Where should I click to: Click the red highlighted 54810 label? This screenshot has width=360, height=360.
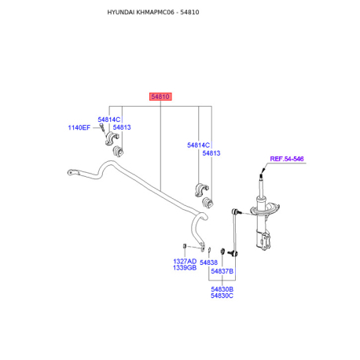click(160, 97)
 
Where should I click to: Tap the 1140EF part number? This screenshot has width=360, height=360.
click(79, 128)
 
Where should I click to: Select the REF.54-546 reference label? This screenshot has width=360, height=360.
click(287, 159)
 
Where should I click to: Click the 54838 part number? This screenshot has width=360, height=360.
click(208, 263)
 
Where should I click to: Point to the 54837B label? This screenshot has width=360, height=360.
click(222, 271)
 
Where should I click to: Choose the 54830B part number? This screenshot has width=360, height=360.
click(222, 289)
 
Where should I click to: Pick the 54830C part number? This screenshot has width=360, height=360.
click(222, 296)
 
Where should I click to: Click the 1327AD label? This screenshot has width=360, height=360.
click(185, 262)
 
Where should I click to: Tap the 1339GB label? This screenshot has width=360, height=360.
click(185, 268)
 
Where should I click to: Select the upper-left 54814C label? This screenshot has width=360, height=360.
click(109, 119)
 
